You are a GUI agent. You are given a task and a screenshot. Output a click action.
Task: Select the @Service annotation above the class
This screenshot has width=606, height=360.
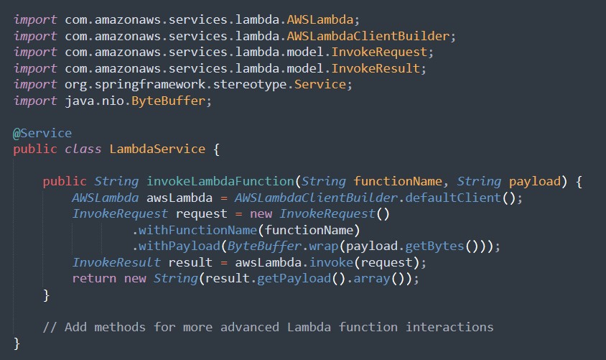42,134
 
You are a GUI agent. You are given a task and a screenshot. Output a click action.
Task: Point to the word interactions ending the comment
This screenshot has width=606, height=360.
450,327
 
